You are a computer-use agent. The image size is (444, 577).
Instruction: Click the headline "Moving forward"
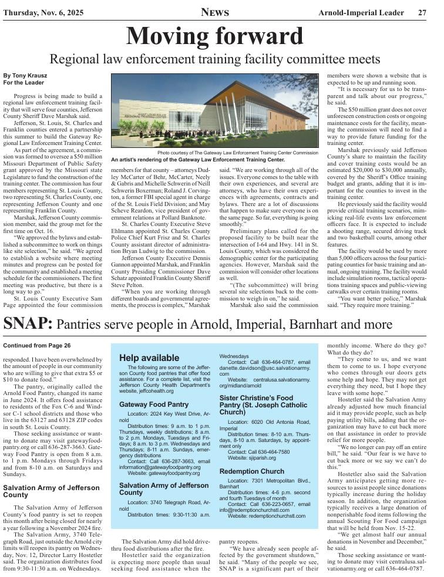tap(214, 36)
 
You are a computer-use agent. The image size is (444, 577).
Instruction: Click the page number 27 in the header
tap(422, 12)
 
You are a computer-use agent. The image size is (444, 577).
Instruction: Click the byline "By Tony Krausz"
tap(24, 76)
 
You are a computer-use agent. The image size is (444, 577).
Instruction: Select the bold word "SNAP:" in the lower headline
tap(28, 323)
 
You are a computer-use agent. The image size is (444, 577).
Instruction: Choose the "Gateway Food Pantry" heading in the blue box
tap(154, 388)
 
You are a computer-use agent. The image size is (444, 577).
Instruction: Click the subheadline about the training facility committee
tap(215, 59)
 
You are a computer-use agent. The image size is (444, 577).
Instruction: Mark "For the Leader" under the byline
tap(23, 83)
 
